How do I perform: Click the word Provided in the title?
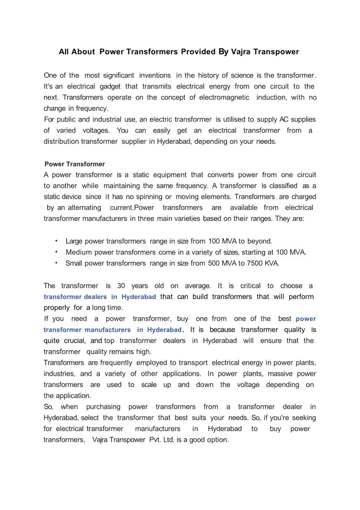[198, 52]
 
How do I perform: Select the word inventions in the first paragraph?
[155, 75]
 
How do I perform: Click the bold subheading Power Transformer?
[74, 164]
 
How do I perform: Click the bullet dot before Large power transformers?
[56, 240]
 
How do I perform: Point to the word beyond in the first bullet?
[260, 241]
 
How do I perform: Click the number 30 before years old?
[121, 286]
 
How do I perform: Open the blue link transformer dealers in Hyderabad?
[100, 297]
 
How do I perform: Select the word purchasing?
[103, 407]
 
